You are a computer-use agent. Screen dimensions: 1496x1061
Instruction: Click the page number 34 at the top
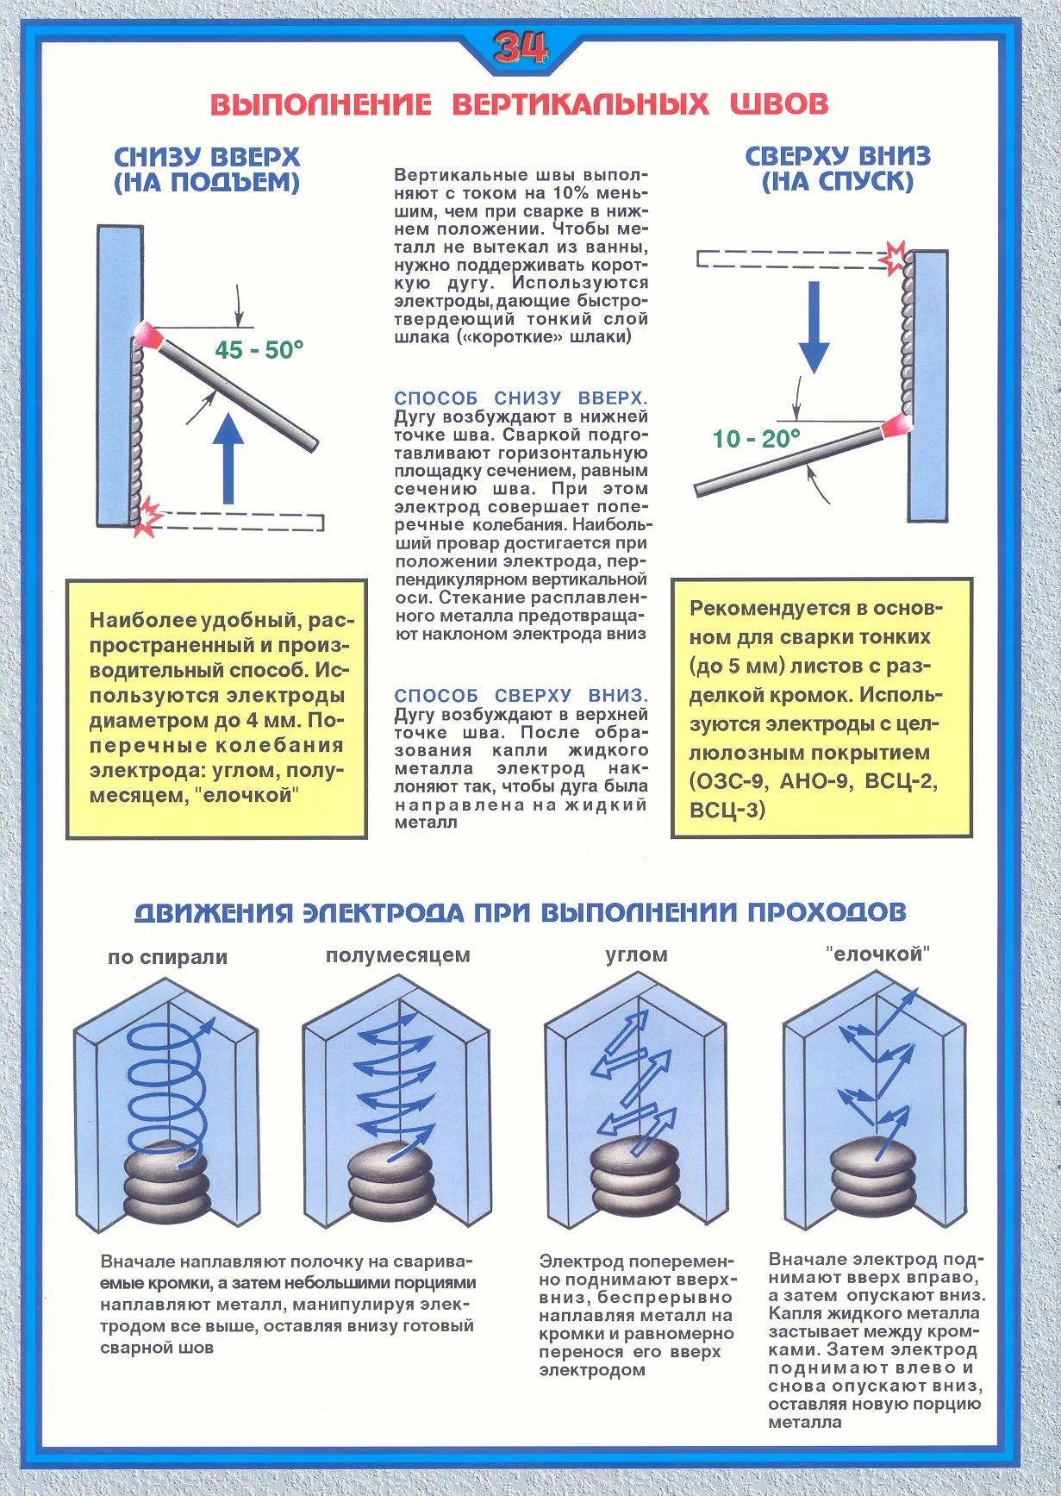[x=520, y=48]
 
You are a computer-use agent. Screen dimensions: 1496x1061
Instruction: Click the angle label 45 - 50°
[x=259, y=350]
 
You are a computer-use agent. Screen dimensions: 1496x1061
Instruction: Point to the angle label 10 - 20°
[x=756, y=439]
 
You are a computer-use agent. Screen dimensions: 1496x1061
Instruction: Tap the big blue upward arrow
[x=228, y=458]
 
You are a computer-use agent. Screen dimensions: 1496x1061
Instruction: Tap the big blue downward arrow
[x=813, y=325]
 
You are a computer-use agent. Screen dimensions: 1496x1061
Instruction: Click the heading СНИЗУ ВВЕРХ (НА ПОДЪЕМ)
[x=207, y=170]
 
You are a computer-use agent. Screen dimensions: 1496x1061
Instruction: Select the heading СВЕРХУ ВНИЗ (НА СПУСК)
[x=838, y=169]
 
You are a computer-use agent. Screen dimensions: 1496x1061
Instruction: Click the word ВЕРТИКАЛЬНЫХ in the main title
[x=580, y=104]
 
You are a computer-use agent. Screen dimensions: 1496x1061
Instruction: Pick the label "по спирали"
[x=167, y=957]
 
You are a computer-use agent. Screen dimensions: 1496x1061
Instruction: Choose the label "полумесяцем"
[x=398, y=955]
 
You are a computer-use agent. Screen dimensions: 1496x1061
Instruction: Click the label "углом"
[x=636, y=955]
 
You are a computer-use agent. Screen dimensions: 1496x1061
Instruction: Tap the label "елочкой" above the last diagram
[x=877, y=955]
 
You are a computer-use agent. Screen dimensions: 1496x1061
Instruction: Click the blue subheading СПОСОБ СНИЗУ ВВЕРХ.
[x=521, y=398]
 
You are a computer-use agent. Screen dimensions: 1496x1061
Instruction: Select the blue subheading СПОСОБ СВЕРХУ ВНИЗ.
[x=521, y=696]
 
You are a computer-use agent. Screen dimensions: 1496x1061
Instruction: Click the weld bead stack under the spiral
[x=167, y=1185]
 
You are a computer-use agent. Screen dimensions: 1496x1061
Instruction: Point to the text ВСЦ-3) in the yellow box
[x=727, y=811]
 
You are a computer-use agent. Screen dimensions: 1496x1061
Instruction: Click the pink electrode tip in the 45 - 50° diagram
[x=150, y=334]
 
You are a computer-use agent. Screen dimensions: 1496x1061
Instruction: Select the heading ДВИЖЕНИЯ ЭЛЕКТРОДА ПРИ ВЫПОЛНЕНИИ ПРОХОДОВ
[x=521, y=912]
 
